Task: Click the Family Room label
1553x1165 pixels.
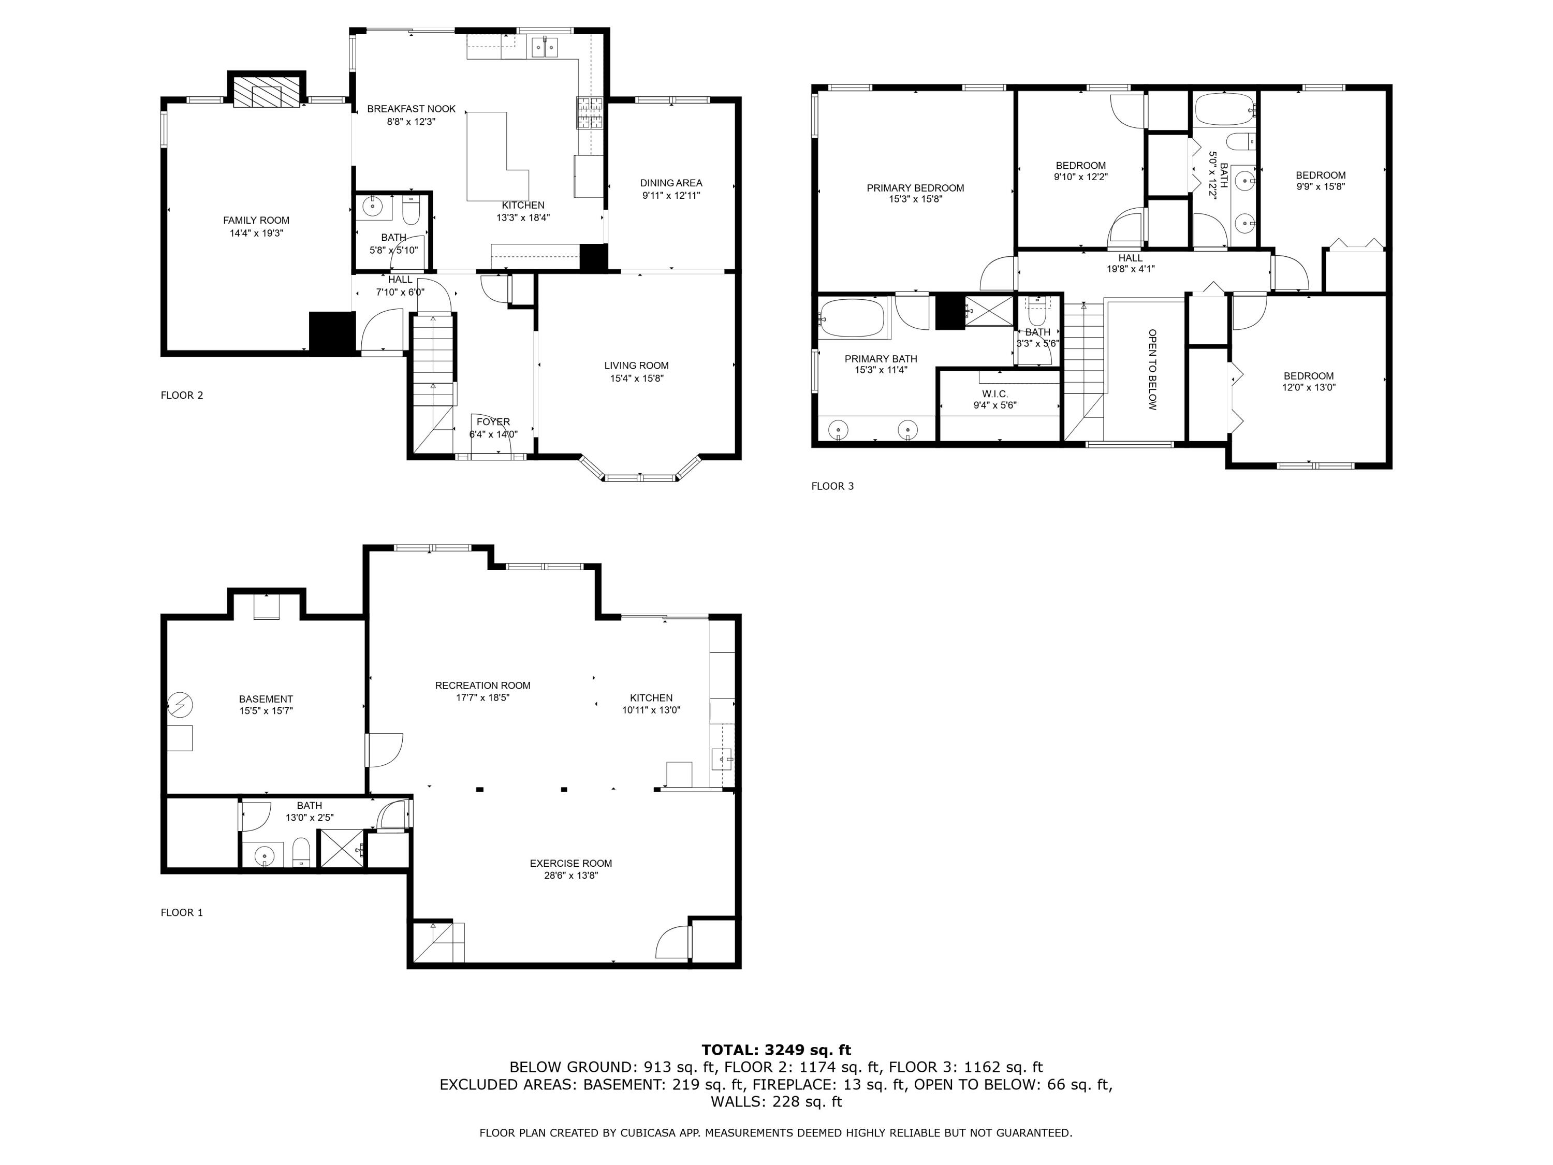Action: [256, 221]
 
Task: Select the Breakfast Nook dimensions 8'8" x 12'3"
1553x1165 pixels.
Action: [412, 122]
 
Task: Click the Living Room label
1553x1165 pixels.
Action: [636, 366]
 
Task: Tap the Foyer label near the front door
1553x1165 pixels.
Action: [493, 422]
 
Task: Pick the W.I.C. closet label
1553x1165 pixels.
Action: [995, 394]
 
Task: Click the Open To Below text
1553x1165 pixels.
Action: [1152, 369]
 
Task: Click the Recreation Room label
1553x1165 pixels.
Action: [482, 686]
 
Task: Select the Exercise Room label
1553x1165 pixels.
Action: [571, 864]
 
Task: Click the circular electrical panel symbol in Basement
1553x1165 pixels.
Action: [181, 704]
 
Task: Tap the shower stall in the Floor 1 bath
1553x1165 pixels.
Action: [342, 850]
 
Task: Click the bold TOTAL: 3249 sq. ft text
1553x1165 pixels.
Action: [776, 1051]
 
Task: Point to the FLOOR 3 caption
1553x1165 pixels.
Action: [832, 486]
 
